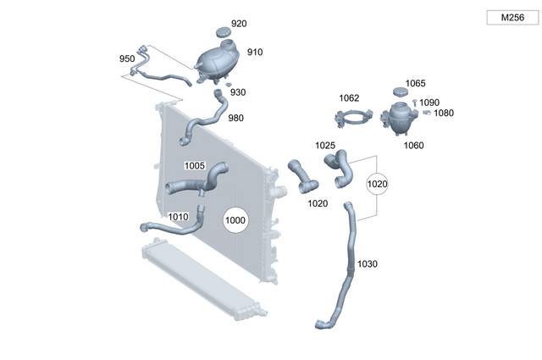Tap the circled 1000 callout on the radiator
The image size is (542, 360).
point(235,220)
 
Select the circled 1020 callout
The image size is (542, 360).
point(377,183)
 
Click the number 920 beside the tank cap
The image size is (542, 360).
point(239,24)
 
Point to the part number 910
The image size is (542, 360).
point(255,53)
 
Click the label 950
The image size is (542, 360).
point(127,58)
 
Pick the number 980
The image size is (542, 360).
point(235,118)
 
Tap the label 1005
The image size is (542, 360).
point(195,164)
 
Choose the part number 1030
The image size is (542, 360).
point(367,263)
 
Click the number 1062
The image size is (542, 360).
point(349,97)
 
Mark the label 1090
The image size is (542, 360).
point(429,102)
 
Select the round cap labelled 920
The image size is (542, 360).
point(224,32)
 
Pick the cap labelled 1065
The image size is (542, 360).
point(401,91)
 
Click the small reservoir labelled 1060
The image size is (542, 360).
point(397,119)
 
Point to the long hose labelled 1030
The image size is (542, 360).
point(345,271)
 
